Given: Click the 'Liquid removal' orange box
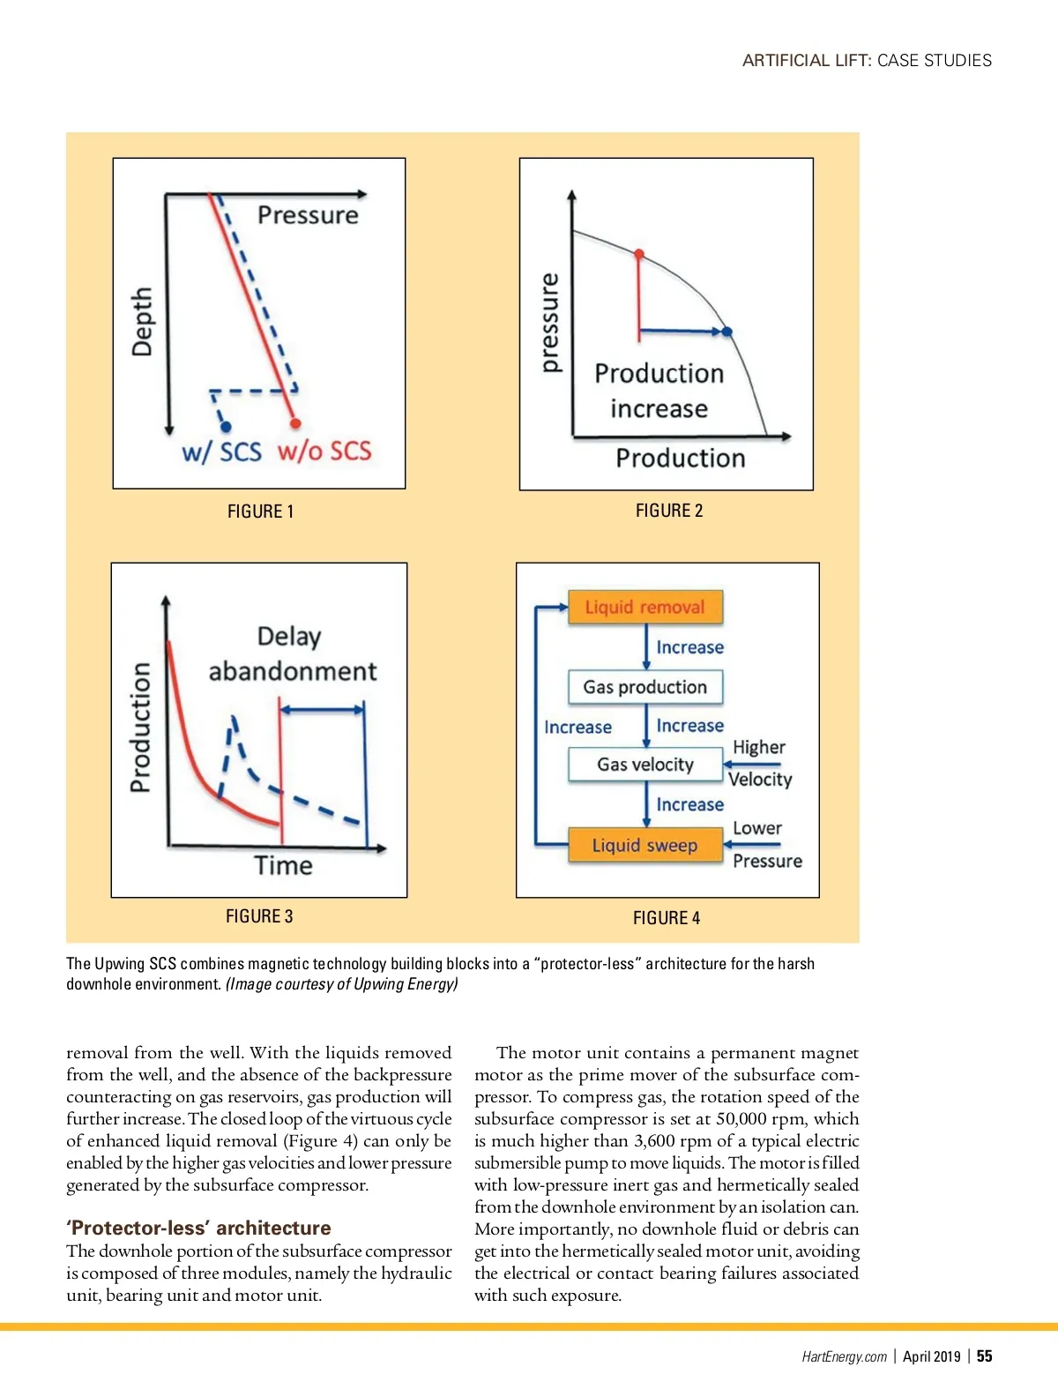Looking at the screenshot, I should [645, 607].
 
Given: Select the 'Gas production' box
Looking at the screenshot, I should [645, 687].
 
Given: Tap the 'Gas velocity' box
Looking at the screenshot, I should [645, 765].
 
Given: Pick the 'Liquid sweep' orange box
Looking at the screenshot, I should [645, 846].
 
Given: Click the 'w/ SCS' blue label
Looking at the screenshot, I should [221, 452].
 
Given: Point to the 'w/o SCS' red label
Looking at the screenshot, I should [324, 452].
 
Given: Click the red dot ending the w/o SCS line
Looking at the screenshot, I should [295, 423].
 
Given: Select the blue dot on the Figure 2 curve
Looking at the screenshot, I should [727, 332].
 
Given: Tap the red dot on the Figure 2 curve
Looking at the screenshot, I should [639, 254].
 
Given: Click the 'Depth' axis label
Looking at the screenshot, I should [142, 321].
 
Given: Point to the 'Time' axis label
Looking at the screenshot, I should [283, 865].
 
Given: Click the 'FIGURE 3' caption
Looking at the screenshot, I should [259, 916].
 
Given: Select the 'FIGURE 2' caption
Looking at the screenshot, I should [669, 511].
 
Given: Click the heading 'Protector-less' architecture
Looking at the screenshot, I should [198, 1228].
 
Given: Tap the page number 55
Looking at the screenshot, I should [984, 1356].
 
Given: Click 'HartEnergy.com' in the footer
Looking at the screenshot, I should [844, 1356].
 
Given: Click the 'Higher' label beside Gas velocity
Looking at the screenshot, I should [758, 748].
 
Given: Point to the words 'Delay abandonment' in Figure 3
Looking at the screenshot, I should [291, 653].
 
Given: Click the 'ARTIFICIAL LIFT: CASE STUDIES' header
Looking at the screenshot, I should [867, 61].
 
